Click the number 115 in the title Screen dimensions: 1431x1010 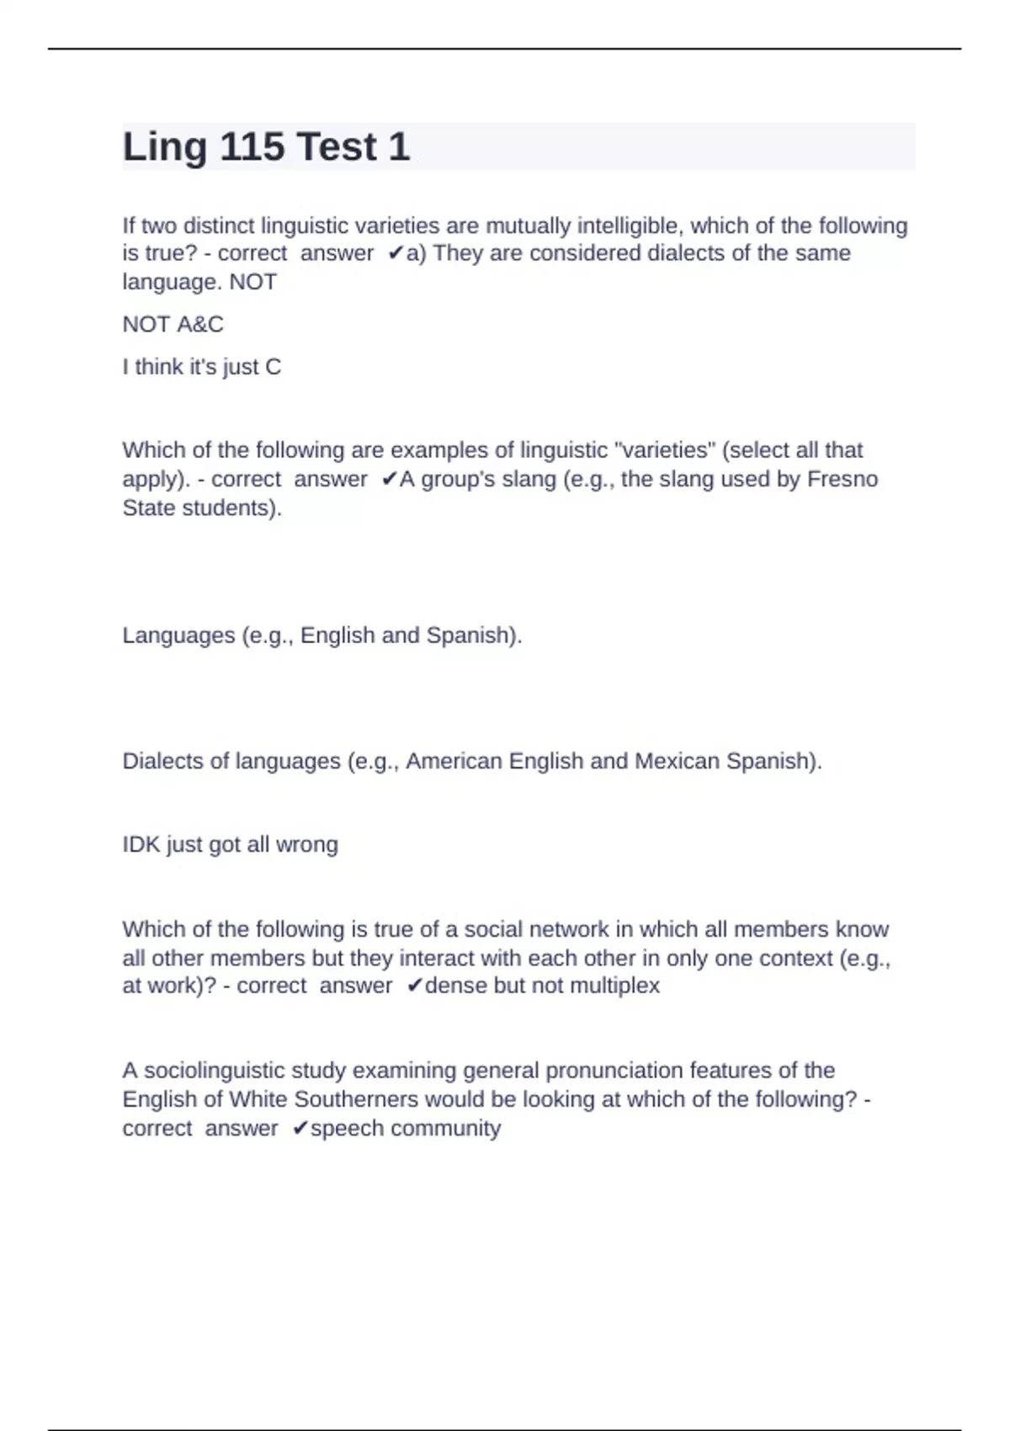252,147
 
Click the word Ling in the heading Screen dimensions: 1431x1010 165,147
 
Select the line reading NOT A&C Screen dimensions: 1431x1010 173,324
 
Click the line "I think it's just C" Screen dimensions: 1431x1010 202,367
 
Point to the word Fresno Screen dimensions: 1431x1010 842,479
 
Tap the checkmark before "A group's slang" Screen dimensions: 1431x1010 389,479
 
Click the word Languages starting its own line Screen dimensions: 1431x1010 178,635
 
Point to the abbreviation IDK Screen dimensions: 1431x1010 141,844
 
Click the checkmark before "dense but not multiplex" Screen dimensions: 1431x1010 414,986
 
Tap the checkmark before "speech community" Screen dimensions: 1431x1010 300,1129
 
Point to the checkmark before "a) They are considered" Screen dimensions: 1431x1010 396,253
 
